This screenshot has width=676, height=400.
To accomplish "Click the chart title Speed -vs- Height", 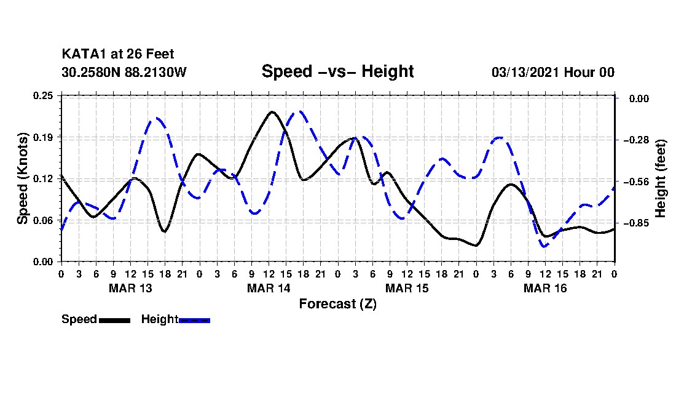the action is [337, 71].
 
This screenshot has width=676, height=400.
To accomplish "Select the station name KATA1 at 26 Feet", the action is [118, 54].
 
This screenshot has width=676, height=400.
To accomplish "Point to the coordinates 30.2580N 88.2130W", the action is [124, 72].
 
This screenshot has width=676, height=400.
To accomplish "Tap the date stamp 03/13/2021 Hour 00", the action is [553, 72].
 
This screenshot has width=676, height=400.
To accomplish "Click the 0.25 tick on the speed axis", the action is [43, 95].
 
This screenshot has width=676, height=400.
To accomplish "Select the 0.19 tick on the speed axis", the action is [43, 137].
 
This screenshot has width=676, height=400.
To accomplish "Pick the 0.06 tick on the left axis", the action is [43, 220].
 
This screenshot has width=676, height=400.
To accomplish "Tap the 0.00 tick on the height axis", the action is [639, 98].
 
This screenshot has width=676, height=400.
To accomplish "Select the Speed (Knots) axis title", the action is [22, 178].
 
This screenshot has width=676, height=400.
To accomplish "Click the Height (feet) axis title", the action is [661, 178].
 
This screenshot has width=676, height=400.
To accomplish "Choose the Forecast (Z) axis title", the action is [337, 304].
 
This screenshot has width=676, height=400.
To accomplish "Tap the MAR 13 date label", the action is [130, 288].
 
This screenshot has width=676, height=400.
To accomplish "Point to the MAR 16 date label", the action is [545, 288].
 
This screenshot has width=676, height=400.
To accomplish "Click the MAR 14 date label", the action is [269, 288].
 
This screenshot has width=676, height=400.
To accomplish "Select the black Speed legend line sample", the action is [115, 320].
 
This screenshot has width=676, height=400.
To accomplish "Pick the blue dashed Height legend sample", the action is [194, 320].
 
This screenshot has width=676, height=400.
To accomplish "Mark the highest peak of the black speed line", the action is [272, 112].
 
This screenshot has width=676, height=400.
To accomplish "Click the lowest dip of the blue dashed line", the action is [544, 246].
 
